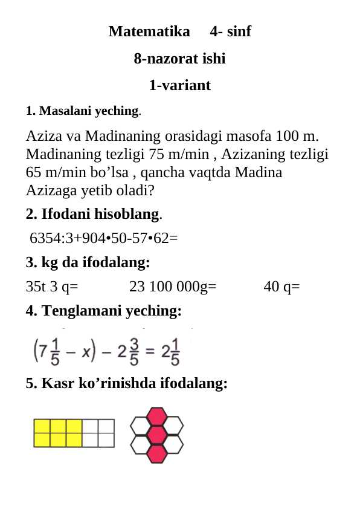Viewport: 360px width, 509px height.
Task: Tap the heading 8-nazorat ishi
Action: pos(179,59)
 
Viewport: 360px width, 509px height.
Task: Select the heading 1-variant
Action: pos(179,85)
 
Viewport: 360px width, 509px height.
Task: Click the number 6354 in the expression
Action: pos(45,238)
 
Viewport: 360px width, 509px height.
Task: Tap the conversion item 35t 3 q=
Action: pos(52,286)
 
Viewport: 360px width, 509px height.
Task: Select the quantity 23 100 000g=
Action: pos(173,286)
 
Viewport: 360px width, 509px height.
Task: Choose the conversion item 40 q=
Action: pos(281,286)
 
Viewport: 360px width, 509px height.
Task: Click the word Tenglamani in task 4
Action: pos(85,311)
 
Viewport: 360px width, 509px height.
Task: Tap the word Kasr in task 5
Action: pos(56,383)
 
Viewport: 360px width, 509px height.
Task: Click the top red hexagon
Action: pos(157,416)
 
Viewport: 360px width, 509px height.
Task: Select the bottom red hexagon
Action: pos(157,453)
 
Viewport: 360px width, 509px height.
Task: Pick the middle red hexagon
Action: pos(157,435)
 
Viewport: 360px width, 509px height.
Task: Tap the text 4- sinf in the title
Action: pos(231,31)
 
